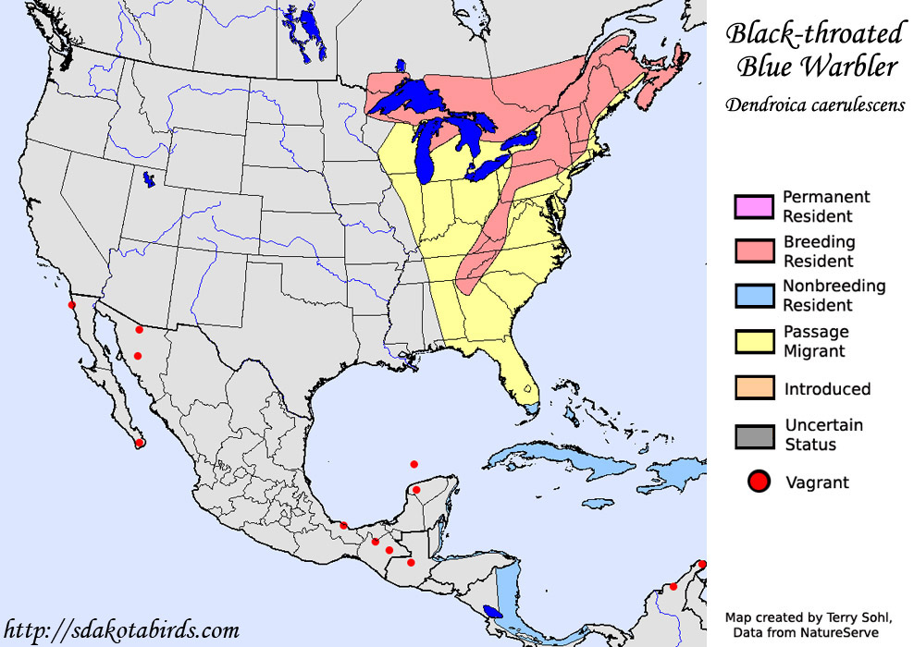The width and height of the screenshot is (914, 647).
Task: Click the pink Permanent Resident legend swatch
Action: pos(752,206)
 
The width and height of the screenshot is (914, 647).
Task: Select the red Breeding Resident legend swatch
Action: pos(752,250)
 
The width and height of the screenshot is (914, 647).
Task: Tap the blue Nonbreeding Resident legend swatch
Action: pos(752,296)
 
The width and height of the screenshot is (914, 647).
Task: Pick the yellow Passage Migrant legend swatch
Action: pos(752,341)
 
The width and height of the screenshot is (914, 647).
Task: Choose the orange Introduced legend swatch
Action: pos(752,389)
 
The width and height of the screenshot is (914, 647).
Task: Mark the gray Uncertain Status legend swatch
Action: pos(752,435)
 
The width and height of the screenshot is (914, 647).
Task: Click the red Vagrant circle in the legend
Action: pos(760,482)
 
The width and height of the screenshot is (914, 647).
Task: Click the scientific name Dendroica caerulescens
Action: pos(813,105)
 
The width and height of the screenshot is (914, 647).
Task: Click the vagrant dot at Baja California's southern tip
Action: pos(140,444)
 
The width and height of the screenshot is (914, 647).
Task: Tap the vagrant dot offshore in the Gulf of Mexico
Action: pos(414,464)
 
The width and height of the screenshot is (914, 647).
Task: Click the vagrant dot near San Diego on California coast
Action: pos(71,304)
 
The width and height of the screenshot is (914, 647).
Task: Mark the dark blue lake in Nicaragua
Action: pos(494,611)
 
